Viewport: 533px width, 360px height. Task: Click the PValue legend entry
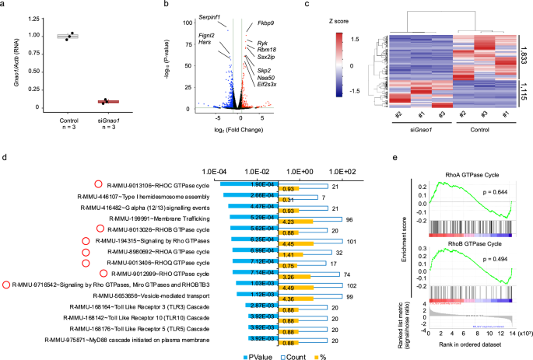coord(254,353)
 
